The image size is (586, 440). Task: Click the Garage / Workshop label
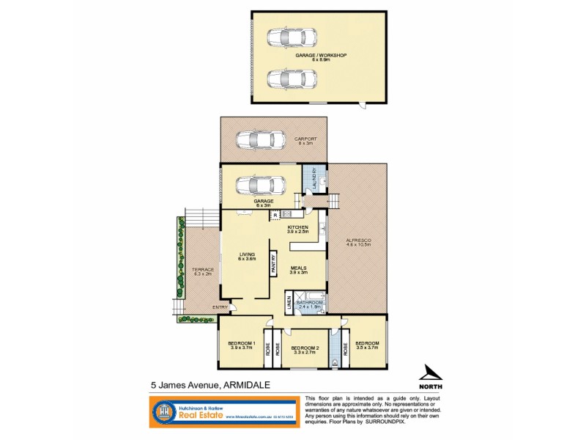pyautogui.click(x=320, y=56)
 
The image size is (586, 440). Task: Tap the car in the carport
pyautogui.click(x=261, y=139)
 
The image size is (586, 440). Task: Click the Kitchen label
pyautogui.click(x=297, y=228)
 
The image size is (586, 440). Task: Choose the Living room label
pyautogui.click(x=245, y=254)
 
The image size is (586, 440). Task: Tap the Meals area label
pyautogui.click(x=297, y=268)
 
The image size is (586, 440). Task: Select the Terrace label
pyautogui.click(x=203, y=270)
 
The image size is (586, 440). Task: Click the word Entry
pyautogui.click(x=220, y=307)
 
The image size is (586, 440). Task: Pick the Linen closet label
pyautogui.click(x=289, y=303)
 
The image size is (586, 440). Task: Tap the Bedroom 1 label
pyautogui.click(x=240, y=344)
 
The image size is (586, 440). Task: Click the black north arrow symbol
pyautogui.click(x=431, y=372)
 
